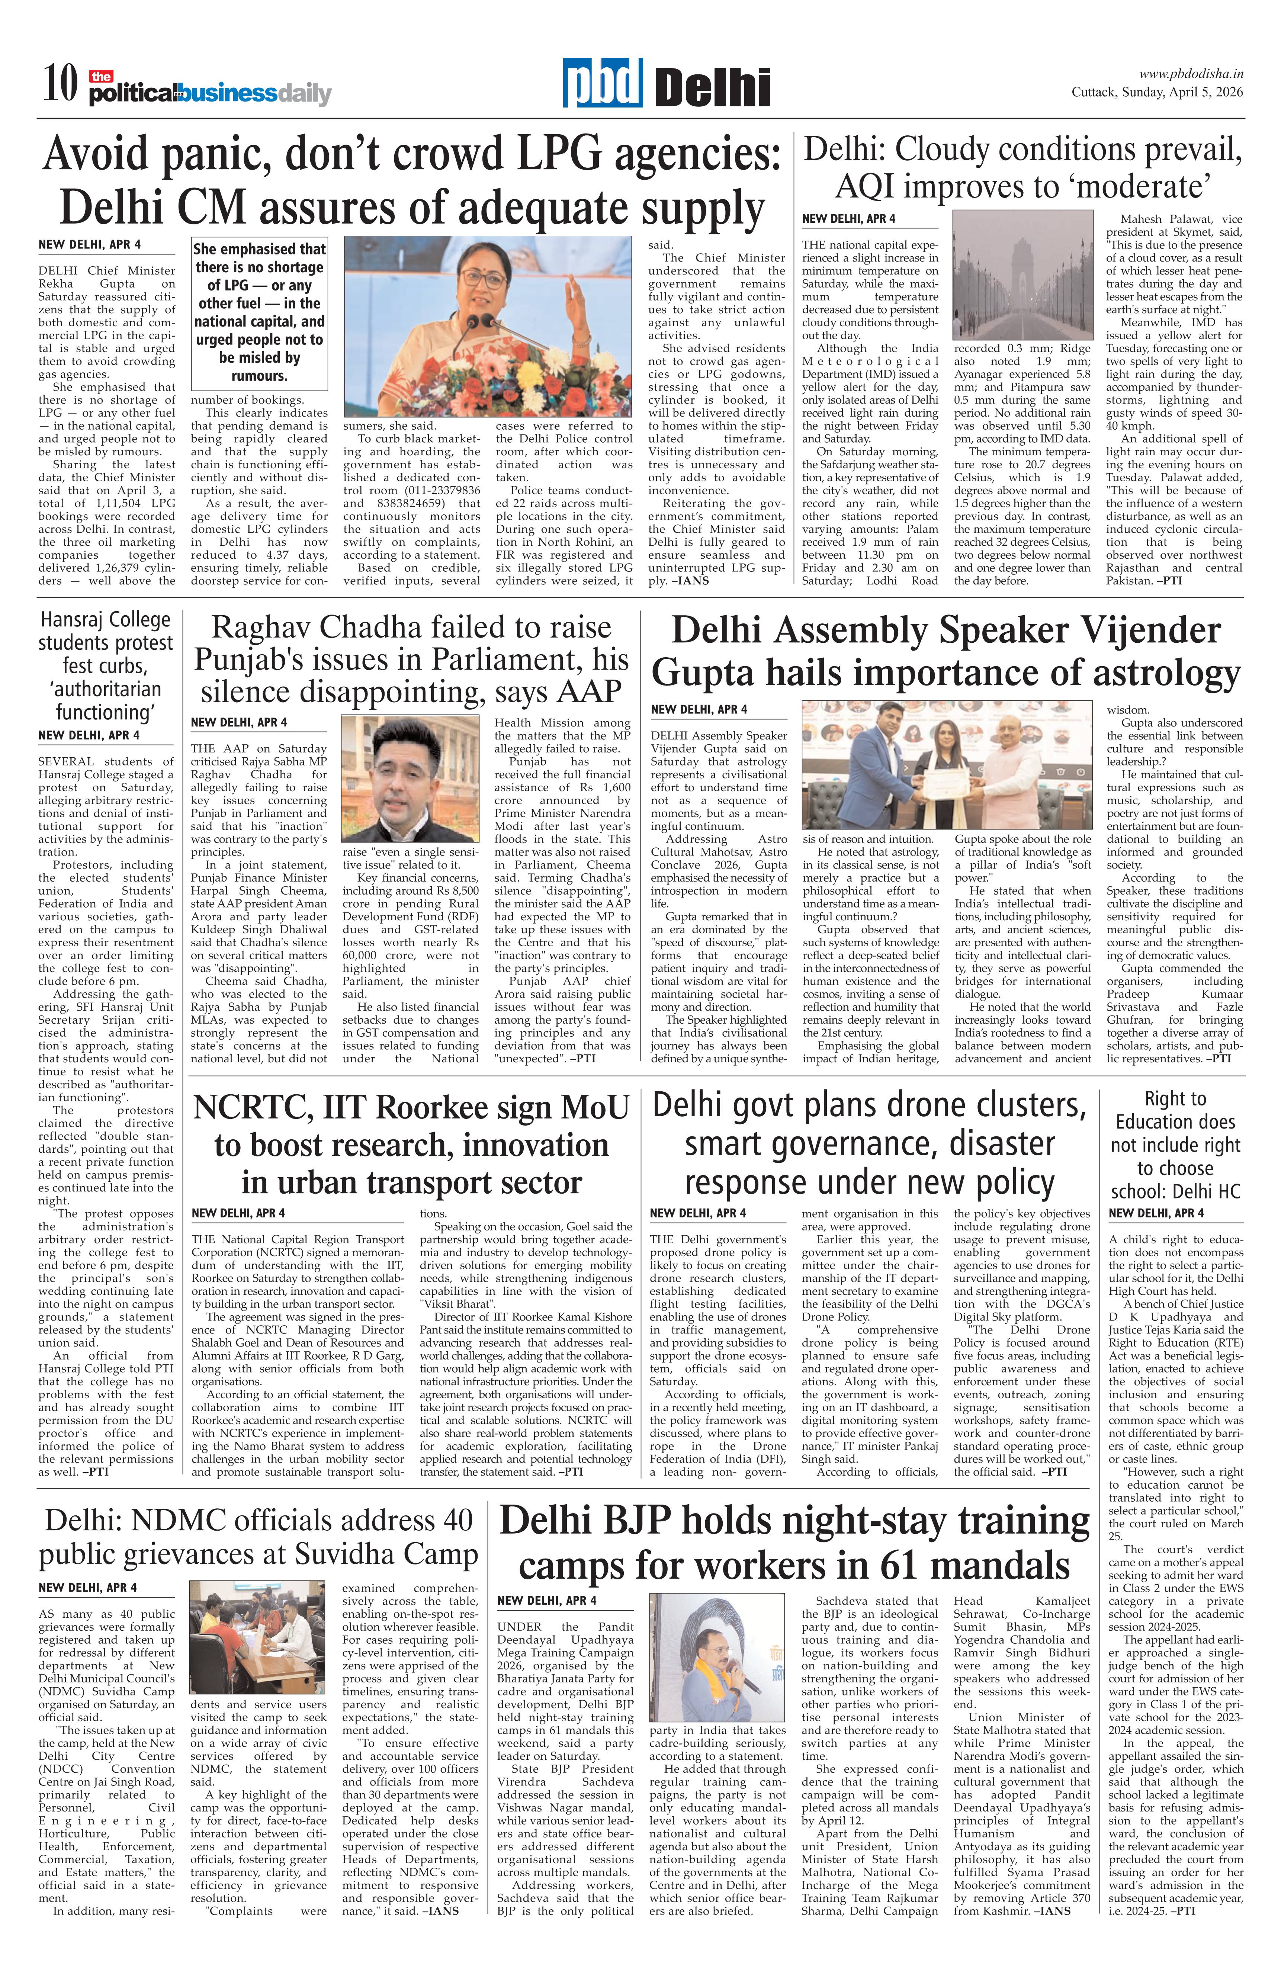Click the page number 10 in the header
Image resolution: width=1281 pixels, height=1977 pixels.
[x=60, y=85]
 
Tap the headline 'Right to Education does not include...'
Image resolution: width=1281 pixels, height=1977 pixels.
[x=1175, y=1145]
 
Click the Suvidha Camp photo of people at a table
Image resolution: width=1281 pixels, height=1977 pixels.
[x=257, y=1637]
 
